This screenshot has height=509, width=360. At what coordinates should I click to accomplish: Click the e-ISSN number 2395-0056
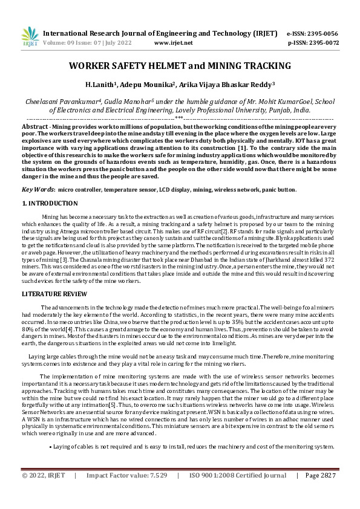pyautogui.click(x=323, y=34)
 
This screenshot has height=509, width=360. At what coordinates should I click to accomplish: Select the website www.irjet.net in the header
pyautogui.click(x=174, y=44)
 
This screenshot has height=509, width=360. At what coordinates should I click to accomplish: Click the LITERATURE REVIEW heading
pyautogui.click(x=53, y=293)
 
